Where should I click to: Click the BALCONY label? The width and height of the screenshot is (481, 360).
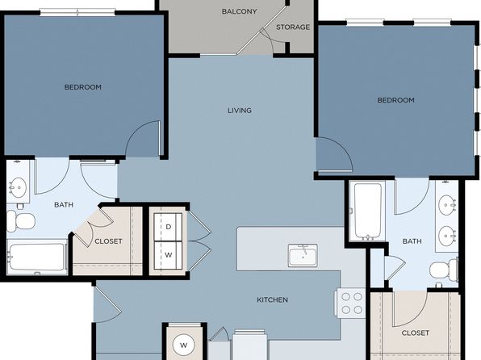[239, 11]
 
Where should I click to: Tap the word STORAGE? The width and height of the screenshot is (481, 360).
[293, 27]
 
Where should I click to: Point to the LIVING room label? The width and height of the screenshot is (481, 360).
[240, 111]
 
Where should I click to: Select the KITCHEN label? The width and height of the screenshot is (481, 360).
[273, 299]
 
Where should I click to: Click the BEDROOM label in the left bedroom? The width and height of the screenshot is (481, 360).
[83, 87]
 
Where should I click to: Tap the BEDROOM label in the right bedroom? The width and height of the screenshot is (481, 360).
[395, 100]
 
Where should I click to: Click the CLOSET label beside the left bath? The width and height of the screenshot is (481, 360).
[108, 241]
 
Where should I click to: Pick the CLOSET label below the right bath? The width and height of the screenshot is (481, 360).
[416, 333]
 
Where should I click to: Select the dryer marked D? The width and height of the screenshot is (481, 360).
[168, 227]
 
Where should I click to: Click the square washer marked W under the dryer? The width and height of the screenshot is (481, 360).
[168, 255]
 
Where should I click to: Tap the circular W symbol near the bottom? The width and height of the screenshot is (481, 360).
[183, 345]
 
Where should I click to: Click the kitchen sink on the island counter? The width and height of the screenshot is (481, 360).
[303, 256]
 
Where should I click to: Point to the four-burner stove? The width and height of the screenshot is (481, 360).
[351, 303]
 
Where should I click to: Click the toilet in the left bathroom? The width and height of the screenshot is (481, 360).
[20, 220]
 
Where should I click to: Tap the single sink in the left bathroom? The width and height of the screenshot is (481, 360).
[18, 187]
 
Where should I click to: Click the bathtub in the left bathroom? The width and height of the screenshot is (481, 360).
[37, 257]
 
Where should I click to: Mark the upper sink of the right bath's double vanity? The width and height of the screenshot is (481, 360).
[447, 205]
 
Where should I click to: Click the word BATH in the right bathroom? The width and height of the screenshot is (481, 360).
[412, 241]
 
